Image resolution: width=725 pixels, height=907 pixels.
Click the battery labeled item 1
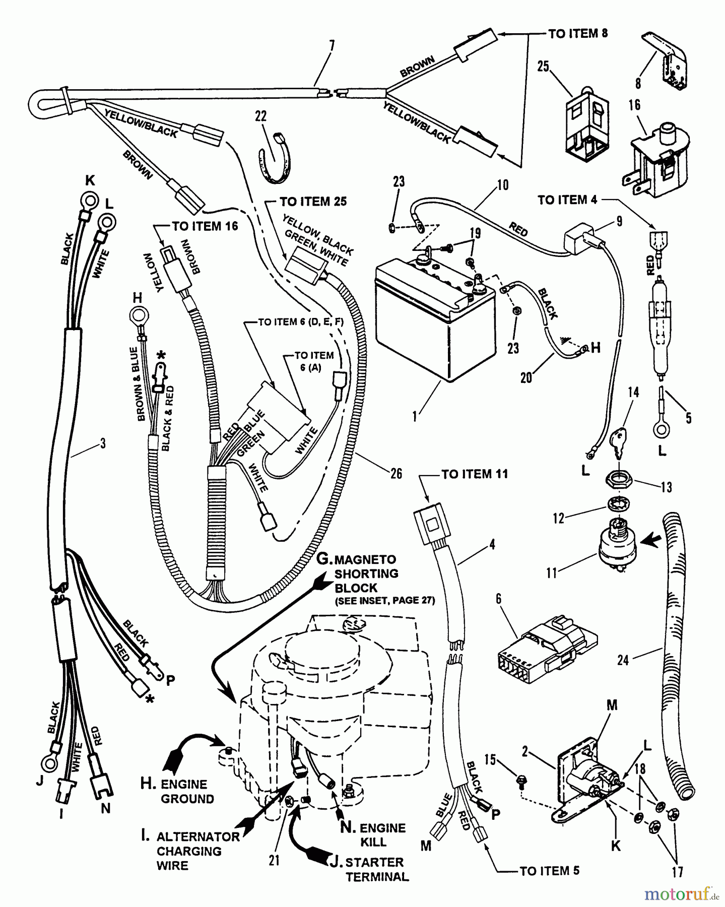[433, 317]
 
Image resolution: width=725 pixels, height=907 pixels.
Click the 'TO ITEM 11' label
[474, 474]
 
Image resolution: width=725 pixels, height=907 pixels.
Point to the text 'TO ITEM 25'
[313, 202]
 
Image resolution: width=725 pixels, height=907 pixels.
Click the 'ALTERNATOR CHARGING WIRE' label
[196, 851]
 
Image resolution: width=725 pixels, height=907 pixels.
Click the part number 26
[397, 474]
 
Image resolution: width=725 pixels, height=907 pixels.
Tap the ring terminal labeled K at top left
[89, 203]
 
